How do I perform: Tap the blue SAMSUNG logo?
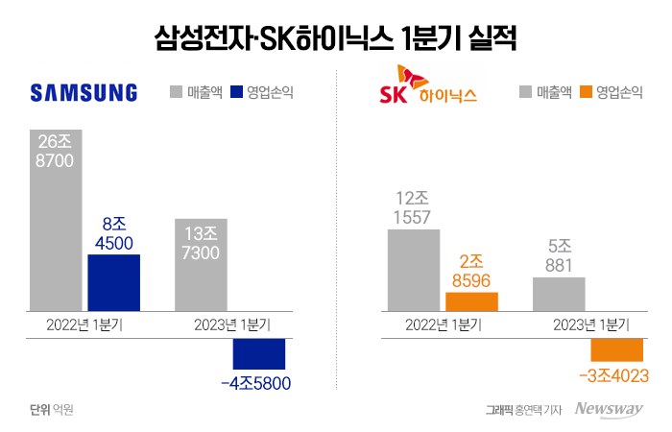tap(84, 93)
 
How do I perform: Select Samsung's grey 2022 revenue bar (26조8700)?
tap(57, 221)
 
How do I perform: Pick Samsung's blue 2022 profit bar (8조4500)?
tap(114, 282)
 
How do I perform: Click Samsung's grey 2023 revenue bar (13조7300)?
tap(201, 265)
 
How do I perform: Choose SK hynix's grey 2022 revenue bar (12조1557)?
tap(413, 270)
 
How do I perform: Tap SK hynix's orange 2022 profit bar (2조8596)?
tap(471, 301)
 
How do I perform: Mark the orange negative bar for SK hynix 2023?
tap(616, 350)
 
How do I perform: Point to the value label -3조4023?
tap(612, 375)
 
